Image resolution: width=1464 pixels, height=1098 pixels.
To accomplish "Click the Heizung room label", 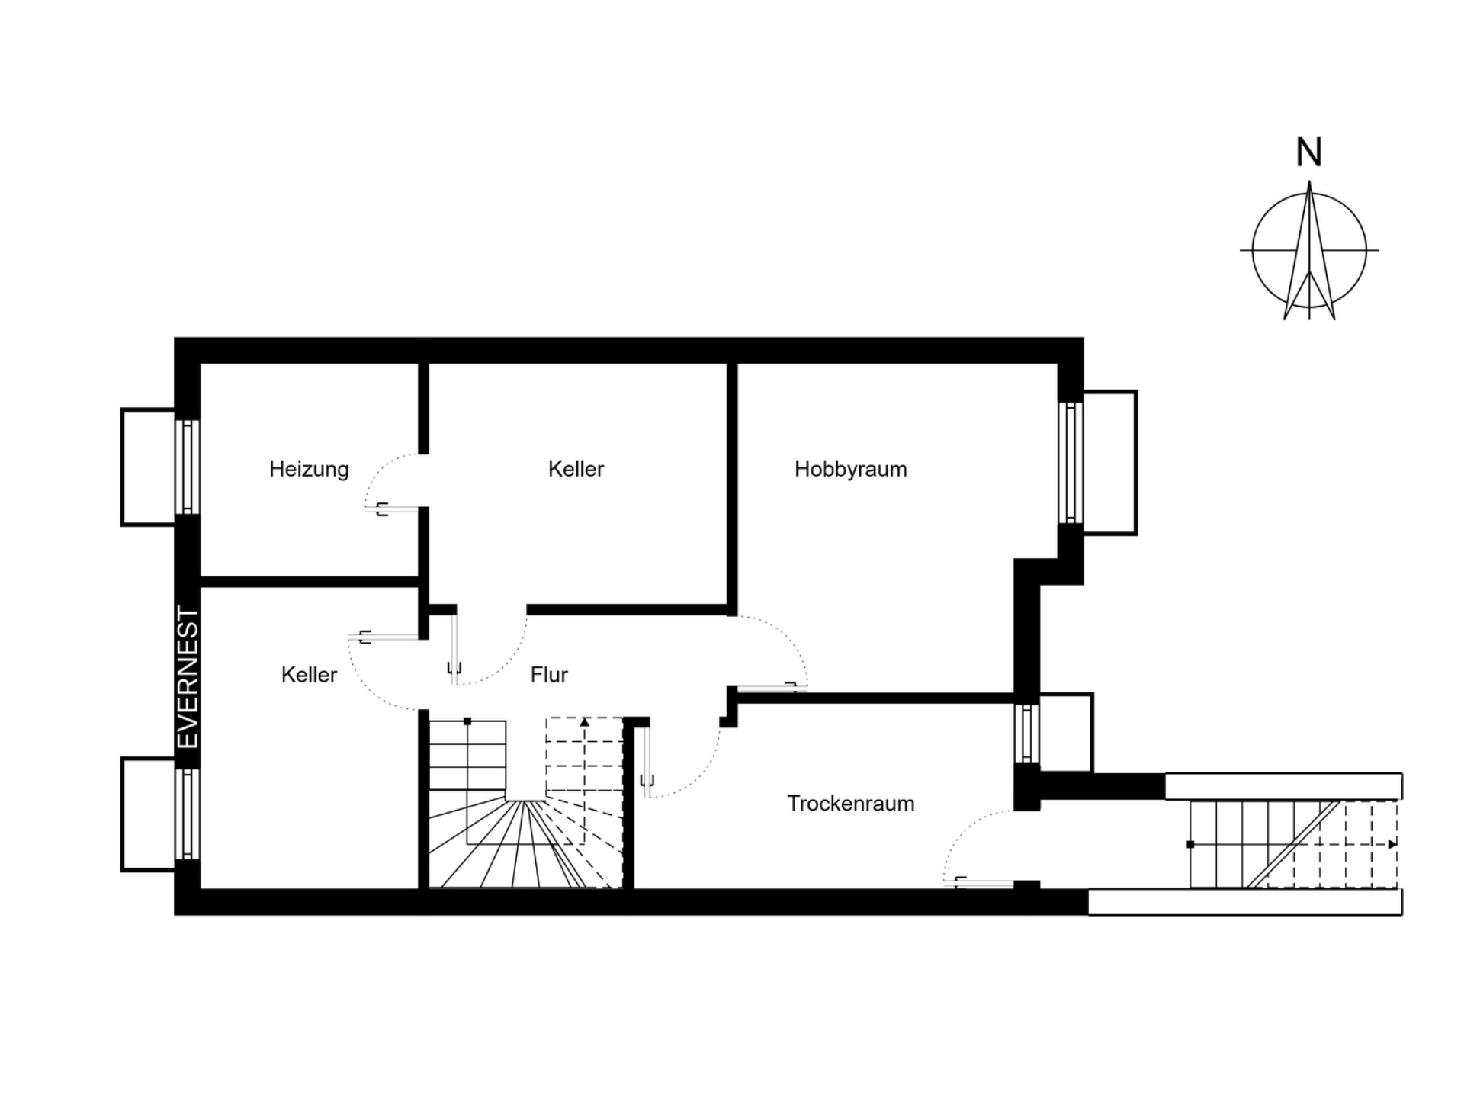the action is click(x=309, y=469).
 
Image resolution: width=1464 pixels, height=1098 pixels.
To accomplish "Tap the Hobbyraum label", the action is click(x=851, y=469).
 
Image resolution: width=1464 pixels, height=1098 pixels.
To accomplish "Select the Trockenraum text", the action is click(x=851, y=803).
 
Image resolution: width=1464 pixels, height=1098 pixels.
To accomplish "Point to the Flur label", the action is click(x=549, y=674).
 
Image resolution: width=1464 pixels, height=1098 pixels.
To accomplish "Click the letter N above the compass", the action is click(x=1309, y=152).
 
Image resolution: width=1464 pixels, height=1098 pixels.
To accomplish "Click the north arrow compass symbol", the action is click(x=1309, y=250).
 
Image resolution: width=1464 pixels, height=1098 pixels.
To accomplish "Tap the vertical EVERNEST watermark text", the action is click(x=188, y=677).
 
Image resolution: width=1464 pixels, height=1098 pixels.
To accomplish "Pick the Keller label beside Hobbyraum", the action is click(x=576, y=469).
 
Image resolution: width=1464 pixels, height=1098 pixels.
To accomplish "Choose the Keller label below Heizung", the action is click(x=309, y=674).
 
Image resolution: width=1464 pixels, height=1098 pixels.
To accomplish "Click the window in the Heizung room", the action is click(x=188, y=467).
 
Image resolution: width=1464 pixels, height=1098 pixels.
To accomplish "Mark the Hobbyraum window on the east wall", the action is click(x=1071, y=462).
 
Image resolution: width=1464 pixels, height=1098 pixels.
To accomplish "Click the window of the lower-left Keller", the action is click(x=188, y=814).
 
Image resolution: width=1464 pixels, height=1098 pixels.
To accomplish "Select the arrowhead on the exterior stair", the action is click(x=1392, y=844).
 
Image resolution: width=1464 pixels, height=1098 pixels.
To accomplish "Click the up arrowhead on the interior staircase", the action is click(x=585, y=721).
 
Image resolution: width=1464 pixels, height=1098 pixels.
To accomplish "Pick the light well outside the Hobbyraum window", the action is click(x=1110, y=462).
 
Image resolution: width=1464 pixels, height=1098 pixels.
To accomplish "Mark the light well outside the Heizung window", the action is click(x=148, y=467).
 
